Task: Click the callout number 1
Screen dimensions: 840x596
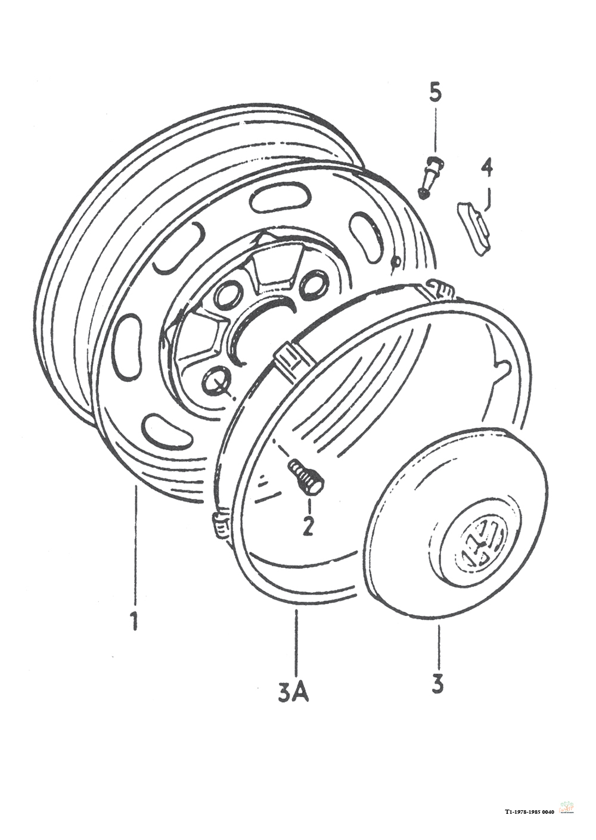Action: [x=135, y=620]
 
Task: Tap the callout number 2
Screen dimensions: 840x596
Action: [x=308, y=526]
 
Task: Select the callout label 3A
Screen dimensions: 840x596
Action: [x=293, y=692]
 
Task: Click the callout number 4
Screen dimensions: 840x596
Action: [x=487, y=169]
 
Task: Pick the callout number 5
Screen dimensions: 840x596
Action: [x=436, y=92]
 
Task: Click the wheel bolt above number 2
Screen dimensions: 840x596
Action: [x=306, y=477]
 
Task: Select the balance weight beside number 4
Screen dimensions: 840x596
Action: [x=473, y=226]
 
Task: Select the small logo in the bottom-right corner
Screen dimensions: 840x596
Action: [x=567, y=807]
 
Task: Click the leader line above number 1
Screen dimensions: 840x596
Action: [x=135, y=545]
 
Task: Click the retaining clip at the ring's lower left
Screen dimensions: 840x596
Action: [x=222, y=524]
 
